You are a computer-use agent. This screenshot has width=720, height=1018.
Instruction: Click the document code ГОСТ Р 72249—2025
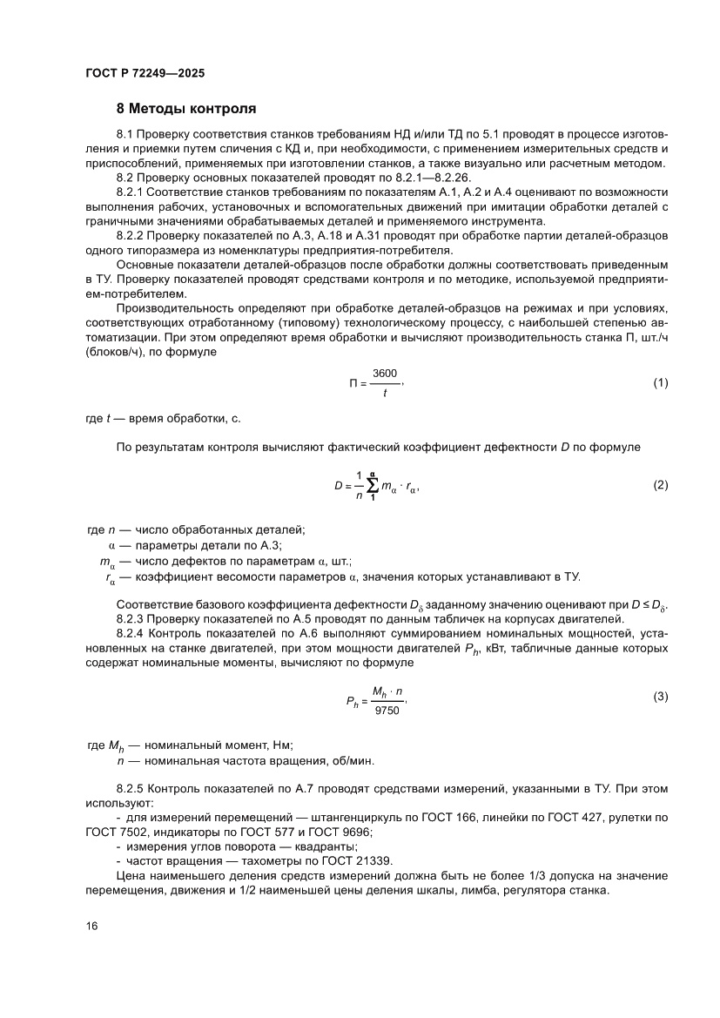click(x=145, y=73)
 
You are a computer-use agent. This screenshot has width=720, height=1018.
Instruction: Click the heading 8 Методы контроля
click(x=186, y=109)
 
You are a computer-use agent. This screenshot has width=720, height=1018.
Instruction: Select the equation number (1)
click(x=660, y=383)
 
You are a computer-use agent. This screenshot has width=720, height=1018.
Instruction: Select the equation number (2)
click(x=660, y=485)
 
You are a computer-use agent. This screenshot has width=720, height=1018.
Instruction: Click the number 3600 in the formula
click(x=385, y=372)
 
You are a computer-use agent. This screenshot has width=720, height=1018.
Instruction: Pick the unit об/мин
click(x=351, y=760)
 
